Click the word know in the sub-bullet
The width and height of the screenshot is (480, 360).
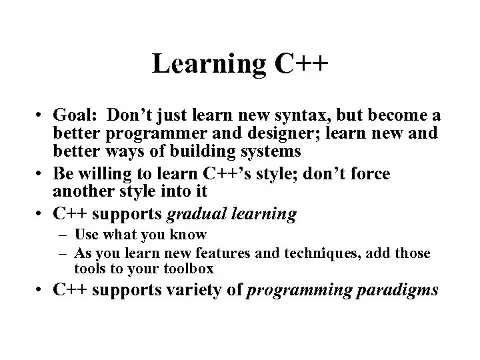pos(193,235)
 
